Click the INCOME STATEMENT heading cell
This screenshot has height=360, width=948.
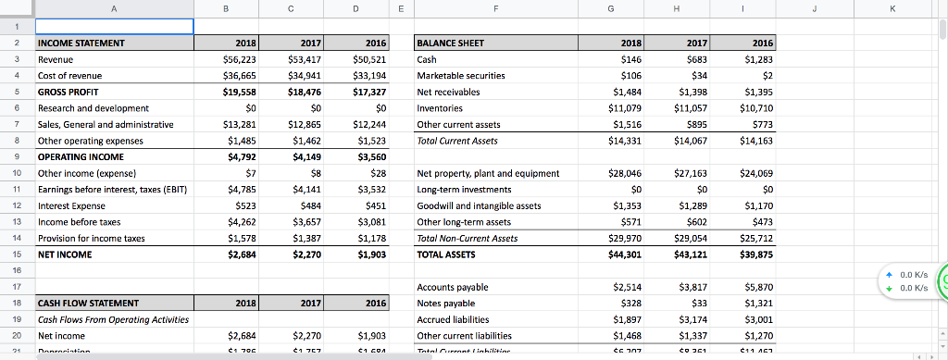80,43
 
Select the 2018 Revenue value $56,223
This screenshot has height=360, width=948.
240,59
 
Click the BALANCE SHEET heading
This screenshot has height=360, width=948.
451,43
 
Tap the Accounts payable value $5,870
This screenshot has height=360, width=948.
756,287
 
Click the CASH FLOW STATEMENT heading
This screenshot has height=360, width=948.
88,303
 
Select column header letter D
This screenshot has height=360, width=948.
356,8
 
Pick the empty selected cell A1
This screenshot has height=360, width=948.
113,26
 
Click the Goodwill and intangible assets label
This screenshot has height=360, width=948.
480,205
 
